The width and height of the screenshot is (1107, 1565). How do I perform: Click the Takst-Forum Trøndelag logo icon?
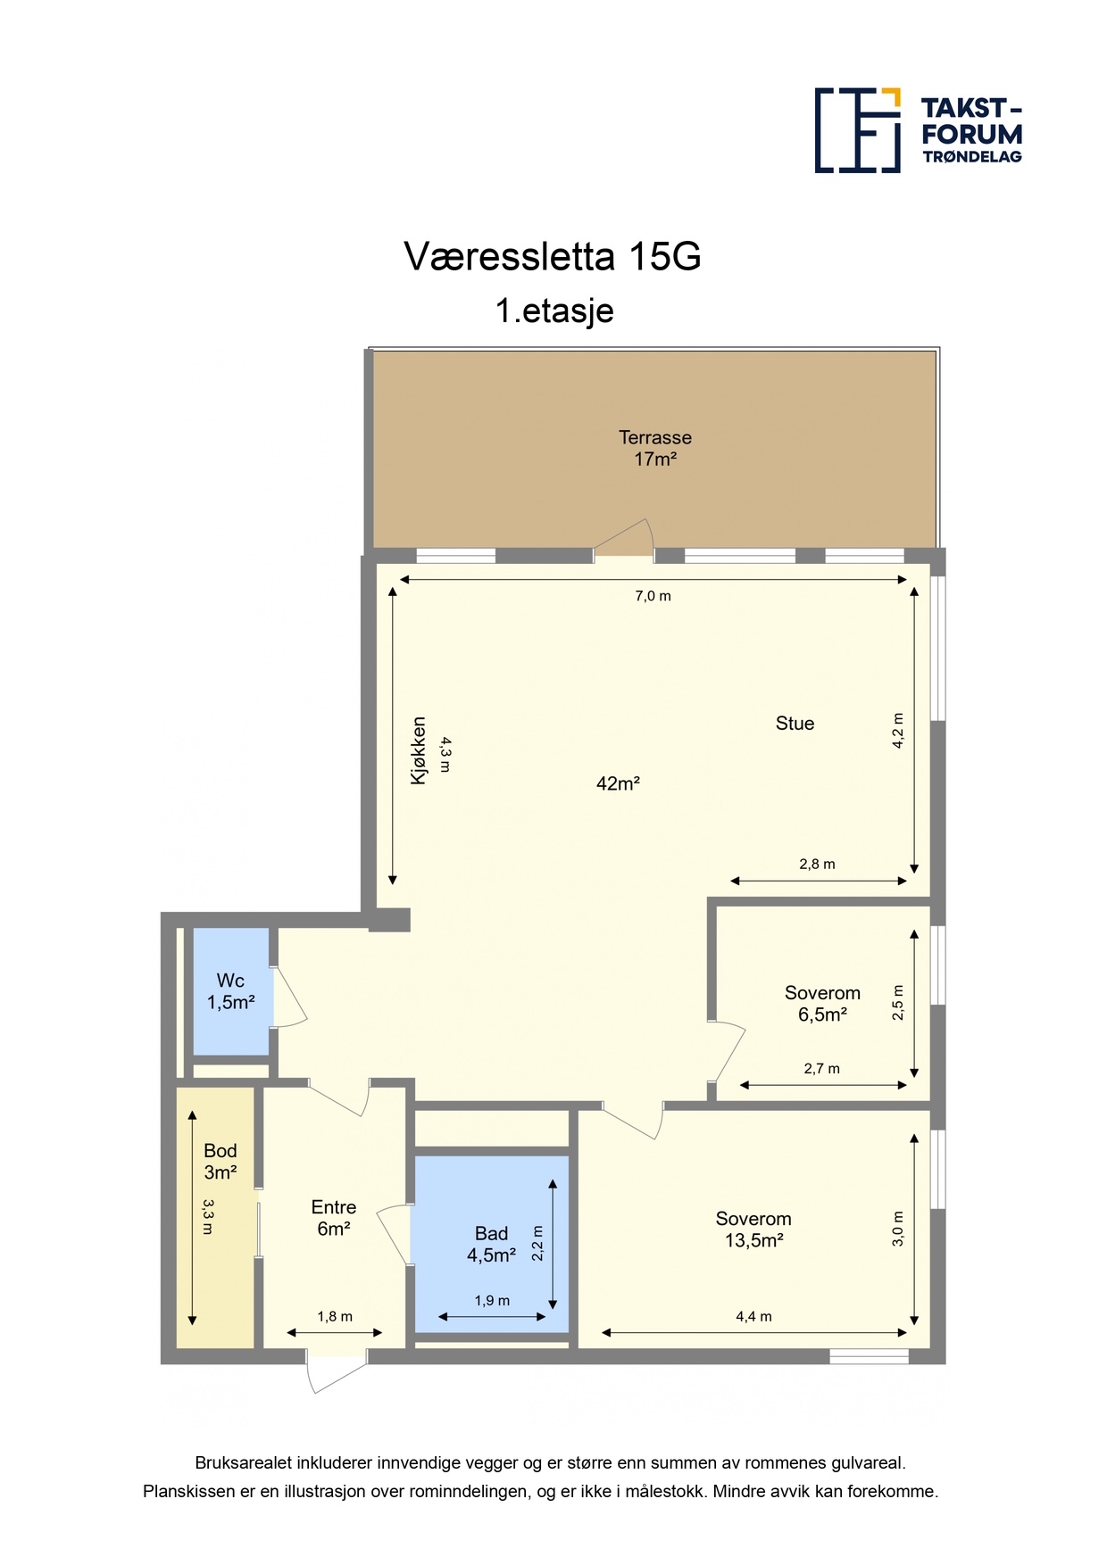coord(857,130)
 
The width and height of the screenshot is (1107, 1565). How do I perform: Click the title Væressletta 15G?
coord(553,257)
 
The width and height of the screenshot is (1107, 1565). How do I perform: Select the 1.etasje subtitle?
coord(554,311)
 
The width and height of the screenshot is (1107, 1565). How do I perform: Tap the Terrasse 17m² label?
coord(655,448)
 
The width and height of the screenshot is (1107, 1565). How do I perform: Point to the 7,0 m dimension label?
coord(653,596)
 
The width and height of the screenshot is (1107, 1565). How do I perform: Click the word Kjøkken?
coord(418,750)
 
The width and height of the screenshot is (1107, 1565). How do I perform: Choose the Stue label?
coord(795,724)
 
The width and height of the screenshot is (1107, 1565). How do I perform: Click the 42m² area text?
coord(618,783)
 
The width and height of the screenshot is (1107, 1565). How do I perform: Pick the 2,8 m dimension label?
coord(817,864)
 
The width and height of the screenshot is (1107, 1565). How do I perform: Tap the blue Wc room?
coord(231,992)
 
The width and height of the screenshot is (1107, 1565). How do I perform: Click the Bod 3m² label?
coord(221,1162)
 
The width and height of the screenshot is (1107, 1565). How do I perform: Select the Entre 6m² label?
coord(334,1218)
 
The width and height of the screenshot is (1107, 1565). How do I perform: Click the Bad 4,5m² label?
coord(491,1245)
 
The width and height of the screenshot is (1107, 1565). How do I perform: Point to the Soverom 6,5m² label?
coord(822,1004)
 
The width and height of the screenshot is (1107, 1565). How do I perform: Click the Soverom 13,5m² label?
coord(753,1230)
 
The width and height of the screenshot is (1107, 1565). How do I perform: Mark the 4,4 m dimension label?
coord(753,1316)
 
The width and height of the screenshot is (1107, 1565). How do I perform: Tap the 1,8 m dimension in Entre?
coord(335,1316)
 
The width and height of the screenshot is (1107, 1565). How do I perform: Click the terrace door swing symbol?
coord(624,537)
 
